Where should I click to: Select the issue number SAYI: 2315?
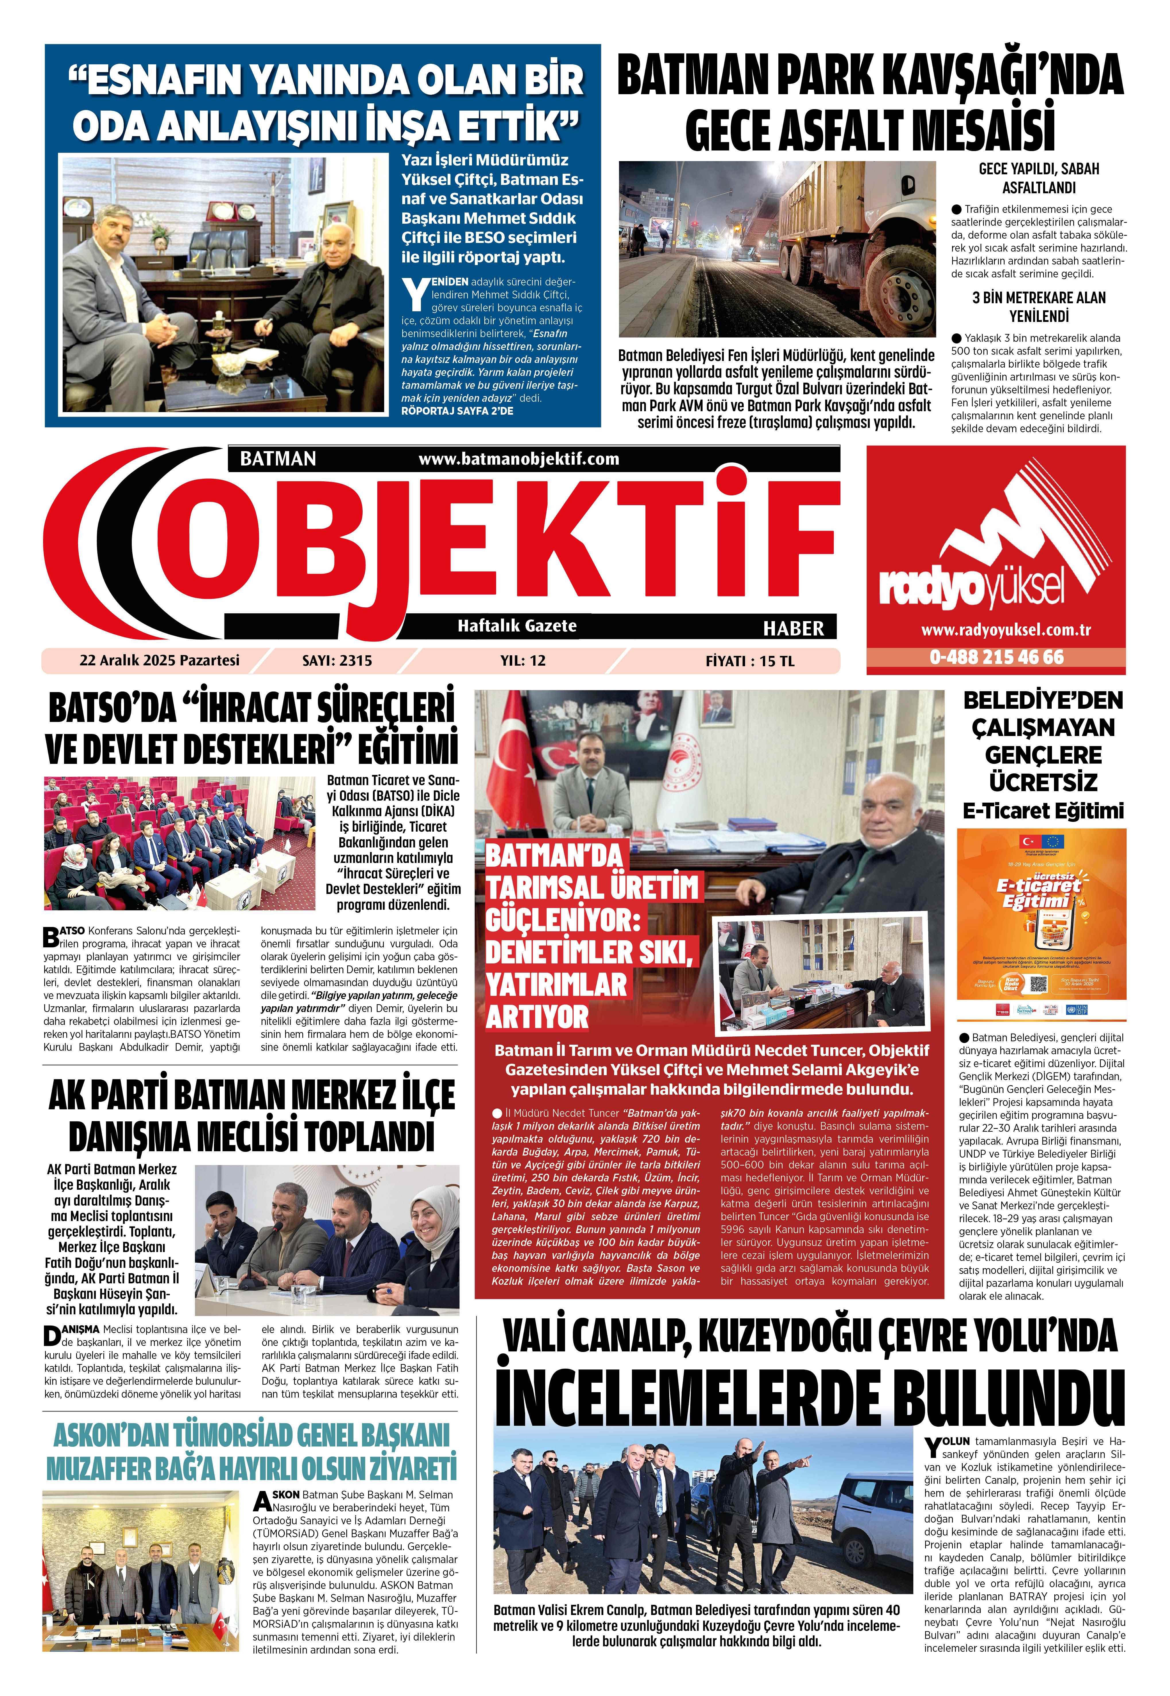(x=337, y=661)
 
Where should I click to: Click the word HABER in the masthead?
(x=793, y=628)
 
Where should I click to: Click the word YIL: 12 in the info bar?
(x=523, y=661)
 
